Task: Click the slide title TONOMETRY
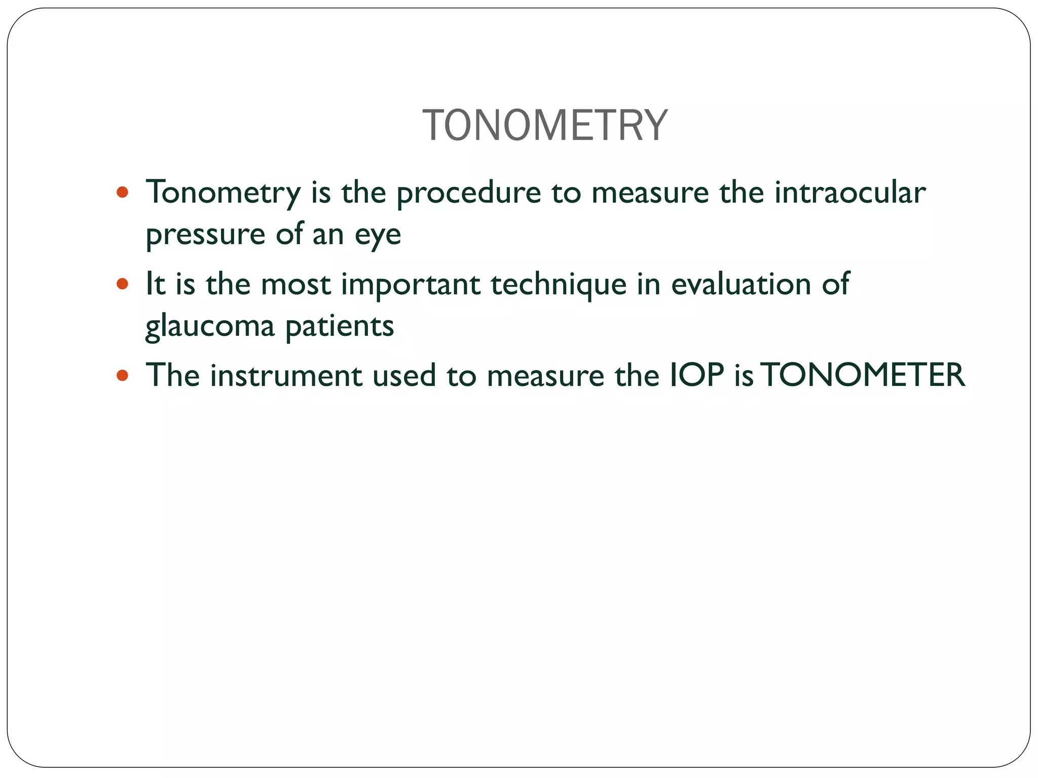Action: pyautogui.click(x=545, y=126)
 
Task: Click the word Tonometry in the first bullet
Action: pyautogui.click(x=223, y=193)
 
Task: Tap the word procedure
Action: pyautogui.click(x=469, y=193)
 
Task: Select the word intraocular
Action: pyautogui.click(x=850, y=192)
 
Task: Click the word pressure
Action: pyautogui.click(x=205, y=235)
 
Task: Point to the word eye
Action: pyautogui.click(x=378, y=235)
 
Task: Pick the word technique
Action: pyautogui.click(x=559, y=285)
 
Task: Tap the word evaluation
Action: pyautogui.click(x=741, y=284)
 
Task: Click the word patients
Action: pyautogui.click(x=340, y=326)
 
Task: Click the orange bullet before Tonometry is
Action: pyautogui.click(x=122, y=192)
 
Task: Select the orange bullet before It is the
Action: pyautogui.click(x=122, y=284)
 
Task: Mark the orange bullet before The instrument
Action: pyautogui.click(x=122, y=375)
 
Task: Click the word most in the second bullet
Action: pyautogui.click(x=295, y=285)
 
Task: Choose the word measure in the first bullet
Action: pyautogui.click(x=650, y=193)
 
